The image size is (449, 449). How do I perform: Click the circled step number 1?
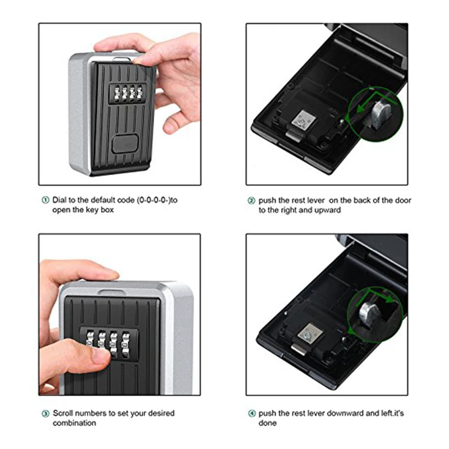pos(45,200)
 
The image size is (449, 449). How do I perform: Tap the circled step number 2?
pos(252,200)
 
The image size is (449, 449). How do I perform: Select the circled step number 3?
pos(45,414)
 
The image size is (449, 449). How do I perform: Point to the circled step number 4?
pos(252,414)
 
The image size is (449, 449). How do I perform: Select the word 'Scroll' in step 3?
pos(63,413)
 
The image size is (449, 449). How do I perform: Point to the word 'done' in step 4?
pos(268,423)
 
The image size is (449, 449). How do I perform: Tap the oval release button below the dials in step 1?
pos(125,144)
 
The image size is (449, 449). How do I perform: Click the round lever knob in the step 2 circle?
pos(379,112)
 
